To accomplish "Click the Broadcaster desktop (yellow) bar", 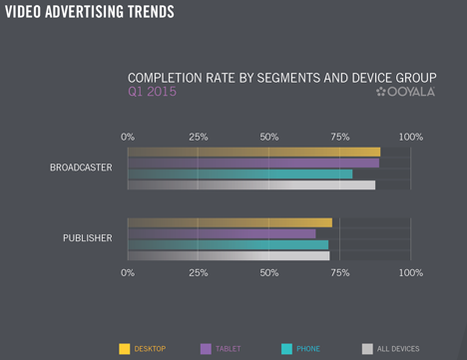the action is pyautogui.click(x=254, y=152).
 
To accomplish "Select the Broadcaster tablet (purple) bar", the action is pyautogui.click(x=253, y=163).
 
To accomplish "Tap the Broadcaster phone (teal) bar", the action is pyautogui.click(x=240, y=174).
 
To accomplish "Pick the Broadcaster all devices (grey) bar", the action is pyautogui.click(x=251, y=185).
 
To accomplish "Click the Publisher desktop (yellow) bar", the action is pyautogui.click(x=230, y=222).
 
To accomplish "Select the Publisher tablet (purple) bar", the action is pyautogui.click(x=222, y=233).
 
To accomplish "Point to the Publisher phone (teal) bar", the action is pyautogui.click(x=229, y=244).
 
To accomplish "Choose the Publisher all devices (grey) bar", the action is pyautogui.click(x=229, y=256).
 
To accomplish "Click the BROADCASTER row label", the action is pyautogui.click(x=81, y=168).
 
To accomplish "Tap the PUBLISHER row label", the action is pyautogui.click(x=88, y=238).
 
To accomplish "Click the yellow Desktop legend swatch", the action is pyautogui.click(x=125, y=349).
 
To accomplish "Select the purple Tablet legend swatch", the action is pyautogui.click(x=206, y=349).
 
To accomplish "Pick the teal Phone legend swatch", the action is pyautogui.click(x=286, y=349).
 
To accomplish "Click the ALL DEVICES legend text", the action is pyautogui.click(x=398, y=349).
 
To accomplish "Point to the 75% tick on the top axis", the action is pyautogui.click(x=340, y=137).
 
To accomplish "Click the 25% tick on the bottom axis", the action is pyautogui.click(x=199, y=273).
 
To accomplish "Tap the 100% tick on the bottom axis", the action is pyautogui.click(x=411, y=273).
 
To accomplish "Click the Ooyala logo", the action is pyautogui.click(x=405, y=92).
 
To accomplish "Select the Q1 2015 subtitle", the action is pyautogui.click(x=152, y=92).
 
